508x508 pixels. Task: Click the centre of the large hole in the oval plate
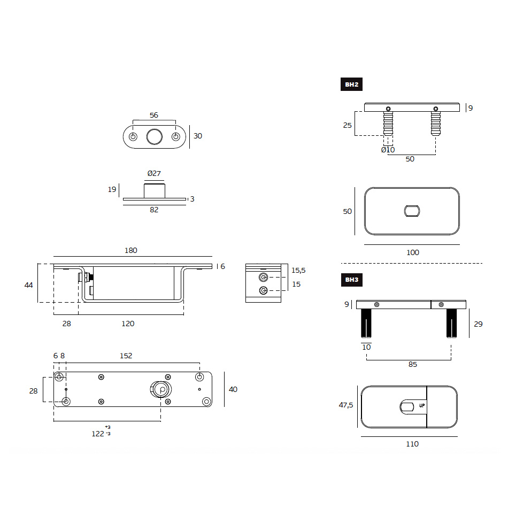(x=154, y=137)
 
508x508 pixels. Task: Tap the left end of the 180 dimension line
(x=54, y=256)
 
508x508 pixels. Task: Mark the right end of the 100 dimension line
(x=459, y=244)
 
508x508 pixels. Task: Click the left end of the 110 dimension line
(x=361, y=436)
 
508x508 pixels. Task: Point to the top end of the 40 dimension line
(x=224, y=372)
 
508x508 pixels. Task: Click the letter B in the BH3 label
(x=347, y=280)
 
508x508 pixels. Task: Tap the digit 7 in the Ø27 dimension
(x=158, y=174)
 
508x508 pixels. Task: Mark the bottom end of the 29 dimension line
(x=469, y=337)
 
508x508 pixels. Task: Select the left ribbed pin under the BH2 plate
(x=388, y=124)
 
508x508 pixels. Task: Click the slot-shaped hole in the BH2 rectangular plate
(x=412, y=211)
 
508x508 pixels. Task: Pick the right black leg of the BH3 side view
(x=451, y=323)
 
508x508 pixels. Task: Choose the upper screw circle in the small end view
(x=264, y=278)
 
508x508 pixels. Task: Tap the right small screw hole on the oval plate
(x=175, y=137)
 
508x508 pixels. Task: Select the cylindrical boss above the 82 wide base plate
(x=155, y=191)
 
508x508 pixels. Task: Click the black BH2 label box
(x=351, y=84)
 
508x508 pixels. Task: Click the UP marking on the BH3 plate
(x=422, y=405)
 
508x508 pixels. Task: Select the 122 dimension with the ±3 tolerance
(x=101, y=432)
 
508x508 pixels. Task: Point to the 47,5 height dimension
(x=346, y=405)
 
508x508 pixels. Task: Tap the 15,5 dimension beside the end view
(x=298, y=270)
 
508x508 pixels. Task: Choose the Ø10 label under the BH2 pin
(x=388, y=150)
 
